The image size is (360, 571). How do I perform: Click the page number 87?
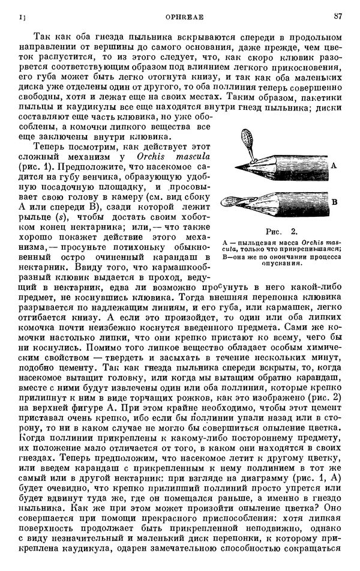(x=337, y=16)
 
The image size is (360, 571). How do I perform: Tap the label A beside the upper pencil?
(x=333, y=165)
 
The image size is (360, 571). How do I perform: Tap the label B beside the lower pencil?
(x=334, y=202)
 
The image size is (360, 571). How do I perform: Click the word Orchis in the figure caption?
(x=299, y=241)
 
